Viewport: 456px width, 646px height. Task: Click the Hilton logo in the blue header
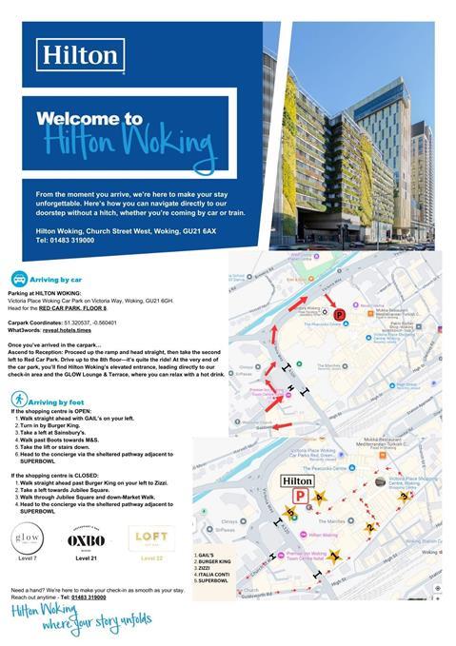coord(82,54)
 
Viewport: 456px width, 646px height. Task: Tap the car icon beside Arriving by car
coord(18,279)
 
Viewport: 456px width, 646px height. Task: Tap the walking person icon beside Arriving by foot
coord(18,401)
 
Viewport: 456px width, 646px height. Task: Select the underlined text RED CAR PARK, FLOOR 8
coord(76,309)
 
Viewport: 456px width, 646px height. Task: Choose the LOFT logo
coord(151,538)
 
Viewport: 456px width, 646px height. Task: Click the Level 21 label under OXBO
coord(87,558)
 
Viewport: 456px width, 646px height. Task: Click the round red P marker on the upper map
coord(340,314)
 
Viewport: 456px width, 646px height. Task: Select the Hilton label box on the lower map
coord(298,480)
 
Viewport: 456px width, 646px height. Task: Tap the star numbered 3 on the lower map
coord(405,496)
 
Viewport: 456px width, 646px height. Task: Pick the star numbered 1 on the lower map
coord(334,557)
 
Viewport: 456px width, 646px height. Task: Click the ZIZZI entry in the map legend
coord(208,566)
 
